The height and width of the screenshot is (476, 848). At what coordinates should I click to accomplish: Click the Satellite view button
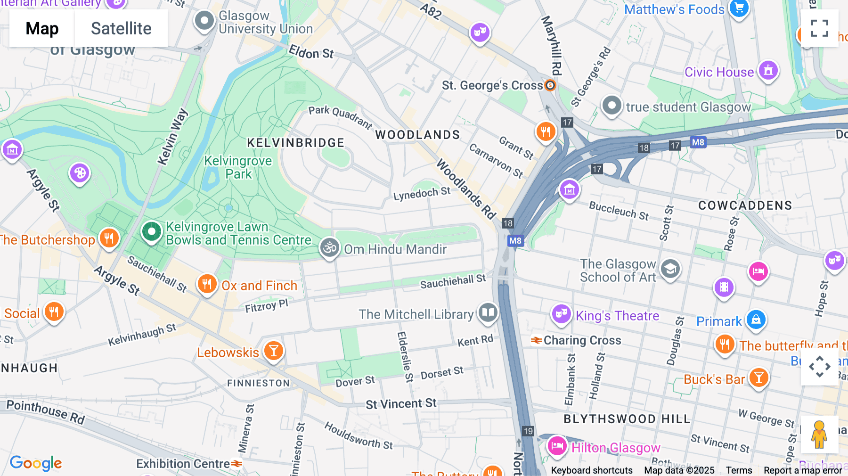pyautogui.click(x=121, y=28)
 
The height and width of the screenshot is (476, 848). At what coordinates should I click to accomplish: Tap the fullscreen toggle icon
pyautogui.click(x=819, y=28)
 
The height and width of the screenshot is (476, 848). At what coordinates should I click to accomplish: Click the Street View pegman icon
pyautogui.click(x=819, y=435)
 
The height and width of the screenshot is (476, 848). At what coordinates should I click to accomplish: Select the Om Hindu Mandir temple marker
pyautogui.click(x=330, y=247)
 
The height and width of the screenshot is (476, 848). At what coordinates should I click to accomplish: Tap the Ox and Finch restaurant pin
pyautogui.click(x=207, y=284)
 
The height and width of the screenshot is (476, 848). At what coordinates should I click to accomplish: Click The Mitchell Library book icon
pyautogui.click(x=488, y=312)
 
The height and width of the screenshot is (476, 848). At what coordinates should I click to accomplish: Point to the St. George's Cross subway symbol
pyautogui.click(x=550, y=85)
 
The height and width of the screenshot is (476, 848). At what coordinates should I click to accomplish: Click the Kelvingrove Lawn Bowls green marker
pyautogui.click(x=151, y=231)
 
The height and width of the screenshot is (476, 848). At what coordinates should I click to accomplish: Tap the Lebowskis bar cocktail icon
pyautogui.click(x=273, y=351)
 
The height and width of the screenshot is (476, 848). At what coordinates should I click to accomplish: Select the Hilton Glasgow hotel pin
pyautogui.click(x=557, y=445)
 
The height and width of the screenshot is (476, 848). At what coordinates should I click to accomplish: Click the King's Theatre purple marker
pyautogui.click(x=561, y=314)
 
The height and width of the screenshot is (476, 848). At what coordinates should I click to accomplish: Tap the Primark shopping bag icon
pyautogui.click(x=756, y=320)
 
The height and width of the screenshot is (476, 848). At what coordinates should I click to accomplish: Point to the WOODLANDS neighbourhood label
pyautogui.click(x=417, y=135)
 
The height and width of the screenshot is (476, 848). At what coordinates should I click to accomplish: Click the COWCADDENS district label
pyautogui.click(x=745, y=205)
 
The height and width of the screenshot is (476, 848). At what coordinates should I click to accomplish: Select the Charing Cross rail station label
pyautogui.click(x=582, y=340)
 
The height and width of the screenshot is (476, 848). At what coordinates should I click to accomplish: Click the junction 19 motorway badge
pyautogui.click(x=528, y=431)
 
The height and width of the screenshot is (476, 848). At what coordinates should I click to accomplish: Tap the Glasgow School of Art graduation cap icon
pyautogui.click(x=670, y=269)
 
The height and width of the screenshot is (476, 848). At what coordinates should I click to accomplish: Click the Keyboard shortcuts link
pyautogui.click(x=592, y=470)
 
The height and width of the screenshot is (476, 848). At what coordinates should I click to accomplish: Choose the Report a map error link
pyautogui.click(x=803, y=470)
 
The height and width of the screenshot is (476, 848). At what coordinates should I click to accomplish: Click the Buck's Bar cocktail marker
pyautogui.click(x=758, y=378)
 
